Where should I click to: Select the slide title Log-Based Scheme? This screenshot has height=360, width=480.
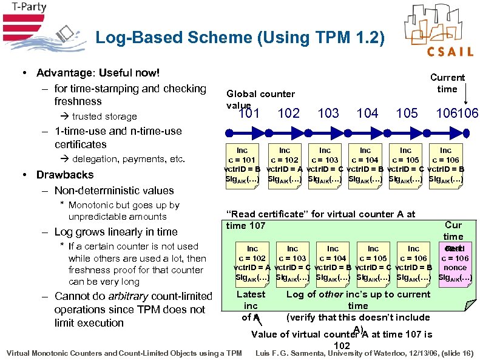click(x=240, y=38)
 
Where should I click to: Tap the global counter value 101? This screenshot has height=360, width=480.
click(x=249, y=113)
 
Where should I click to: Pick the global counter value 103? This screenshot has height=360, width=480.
click(x=328, y=113)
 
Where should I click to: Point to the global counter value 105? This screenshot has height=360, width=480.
click(x=407, y=113)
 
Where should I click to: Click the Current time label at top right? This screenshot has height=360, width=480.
click(x=447, y=83)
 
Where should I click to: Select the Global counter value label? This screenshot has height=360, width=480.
click(x=260, y=99)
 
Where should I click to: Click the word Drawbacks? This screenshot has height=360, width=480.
click(x=65, y=175)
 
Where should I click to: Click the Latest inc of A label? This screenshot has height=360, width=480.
click(x=251, y=305)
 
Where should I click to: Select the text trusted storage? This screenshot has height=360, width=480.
click(x=104, y=117)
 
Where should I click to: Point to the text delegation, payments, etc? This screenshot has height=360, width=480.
click(x=120, y=159)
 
